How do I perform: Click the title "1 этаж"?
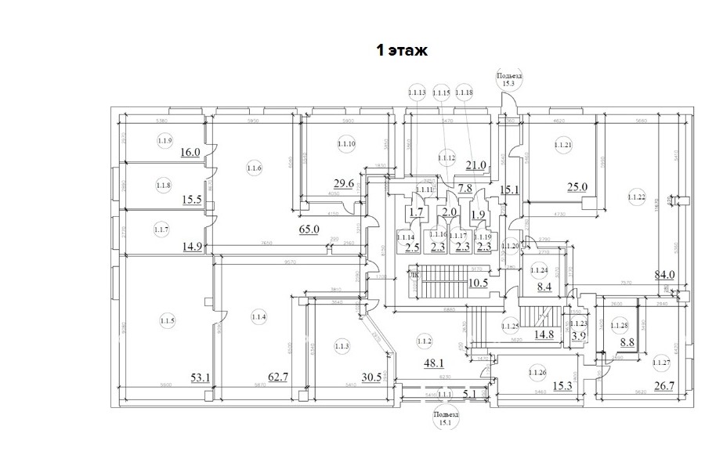tap(402, 51)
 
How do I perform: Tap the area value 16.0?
tap(191, 153)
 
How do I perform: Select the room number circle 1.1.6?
tap(254, 168)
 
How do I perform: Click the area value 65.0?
tap(309, 229)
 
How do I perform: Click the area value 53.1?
tap(201, 377)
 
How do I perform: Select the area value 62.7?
tap(278, 377)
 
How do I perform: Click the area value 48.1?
tap(433, 363)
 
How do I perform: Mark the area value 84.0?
tap(665, 274)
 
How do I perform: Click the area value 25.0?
tap(577, 186)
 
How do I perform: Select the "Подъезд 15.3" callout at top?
tap(508, 79)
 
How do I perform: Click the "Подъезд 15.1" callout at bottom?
tap(446, 418)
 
